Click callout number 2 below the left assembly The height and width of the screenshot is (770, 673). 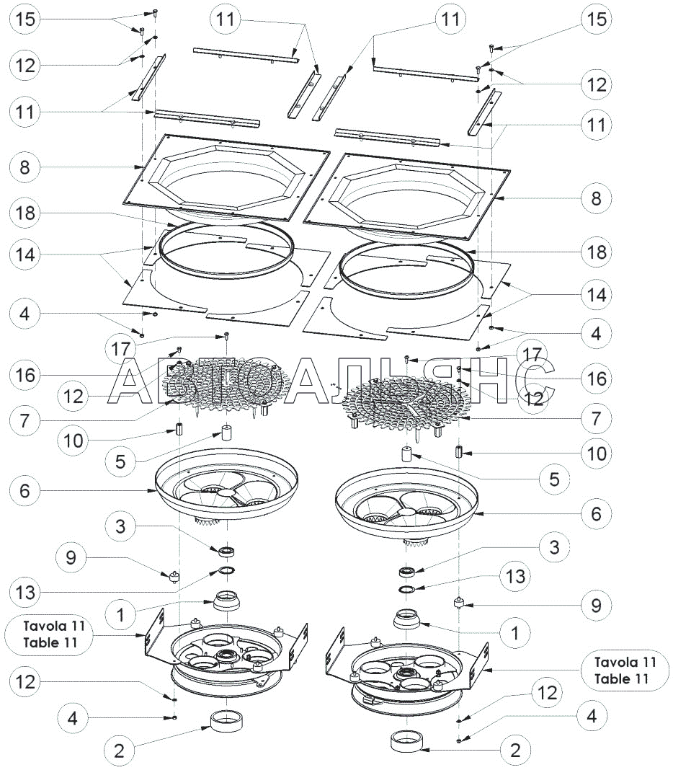tap(120, 750)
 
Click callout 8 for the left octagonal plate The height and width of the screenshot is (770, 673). tap(25, 167)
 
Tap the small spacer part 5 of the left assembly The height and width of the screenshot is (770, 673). tap(227, 434)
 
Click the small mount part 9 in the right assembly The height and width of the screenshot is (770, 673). tap(458, 602)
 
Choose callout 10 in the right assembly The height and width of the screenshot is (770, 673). tap(597, 453)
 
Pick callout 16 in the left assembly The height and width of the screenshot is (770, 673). tap(25, 374)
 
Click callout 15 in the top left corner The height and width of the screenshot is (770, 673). tap(25, 19)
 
